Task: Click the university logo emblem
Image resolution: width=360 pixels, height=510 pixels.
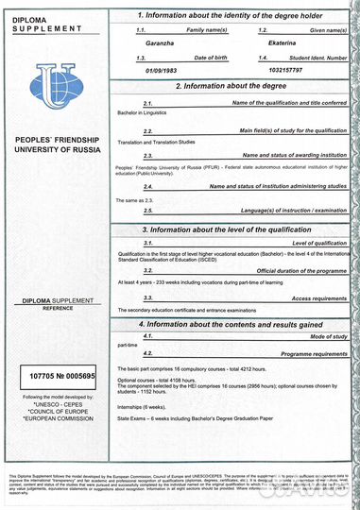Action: click(x=54, y=81)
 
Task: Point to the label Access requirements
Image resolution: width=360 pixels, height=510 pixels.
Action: click(x=311, y=297)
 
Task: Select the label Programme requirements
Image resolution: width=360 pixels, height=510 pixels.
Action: click(x=306, y=353)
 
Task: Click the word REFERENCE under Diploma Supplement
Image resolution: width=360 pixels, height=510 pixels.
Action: click(x=54, y=306)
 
